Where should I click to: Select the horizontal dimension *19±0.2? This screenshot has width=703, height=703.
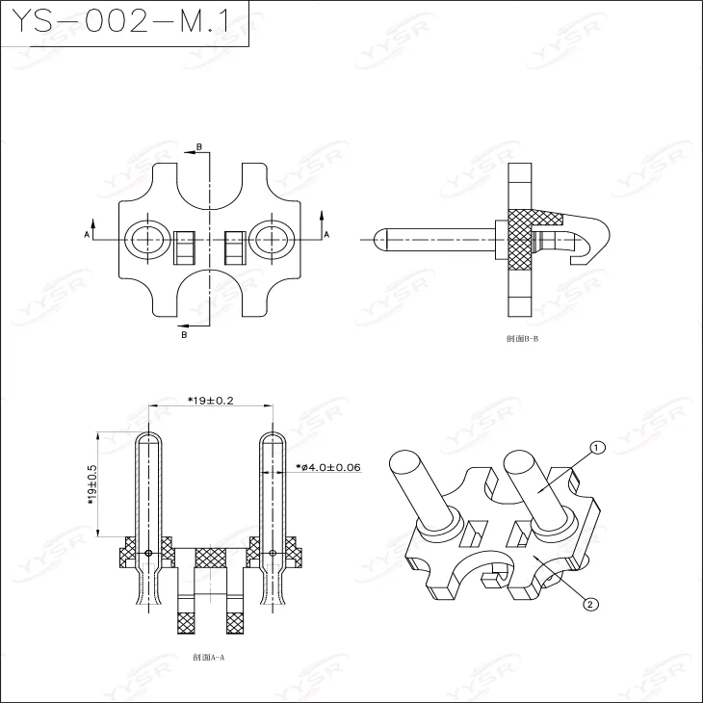tap(211, 400)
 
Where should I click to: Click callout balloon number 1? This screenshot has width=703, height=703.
tap(596, 448)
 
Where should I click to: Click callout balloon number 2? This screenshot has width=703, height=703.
tap(590, 605)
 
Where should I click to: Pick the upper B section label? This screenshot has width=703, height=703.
tap(199, 146)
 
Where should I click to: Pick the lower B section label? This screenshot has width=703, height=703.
tap(184, 334)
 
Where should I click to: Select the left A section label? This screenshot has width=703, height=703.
tap(86, 234)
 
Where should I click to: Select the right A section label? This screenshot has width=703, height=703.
tap(325, 234)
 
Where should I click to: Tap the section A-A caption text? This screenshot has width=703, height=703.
tap(208, 658)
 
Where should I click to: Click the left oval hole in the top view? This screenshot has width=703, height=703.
tap(146, 237)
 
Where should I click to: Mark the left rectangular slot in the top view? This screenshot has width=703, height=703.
tap(185, 247)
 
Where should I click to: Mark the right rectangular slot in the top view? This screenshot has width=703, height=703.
tap(235, 247)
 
